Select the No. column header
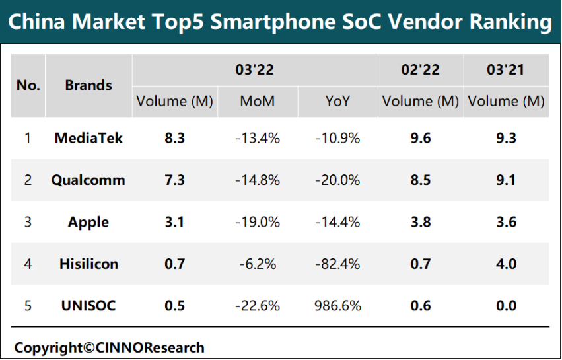pos(28,85)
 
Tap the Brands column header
pos(88,85)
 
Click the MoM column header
pos(257,101)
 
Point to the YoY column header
pos(337,101)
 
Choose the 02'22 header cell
pos(420,69)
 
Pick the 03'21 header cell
pos(505,69)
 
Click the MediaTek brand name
pos(88,138)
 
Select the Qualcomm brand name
pos(88,180)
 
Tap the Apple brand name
pos(88,222)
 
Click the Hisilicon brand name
pos(88,264)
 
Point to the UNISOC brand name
pos(88,306)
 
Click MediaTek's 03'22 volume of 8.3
pos(174,138)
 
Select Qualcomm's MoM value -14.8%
pos(257,180)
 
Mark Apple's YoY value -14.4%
pos(337,222)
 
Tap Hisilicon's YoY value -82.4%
pos(337,264)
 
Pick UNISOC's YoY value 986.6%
pos(337,306)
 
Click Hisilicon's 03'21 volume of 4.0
pos(505,264)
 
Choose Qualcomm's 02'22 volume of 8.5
pos(420,180)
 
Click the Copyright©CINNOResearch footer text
pos(110,347)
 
